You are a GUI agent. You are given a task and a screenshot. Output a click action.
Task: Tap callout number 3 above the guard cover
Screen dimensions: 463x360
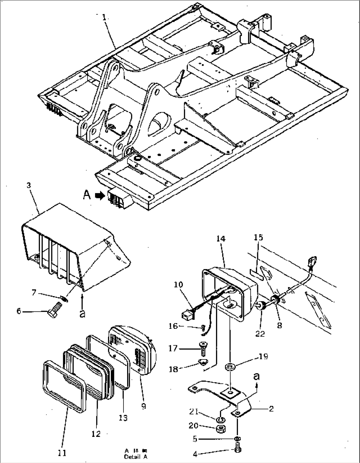[29, 185]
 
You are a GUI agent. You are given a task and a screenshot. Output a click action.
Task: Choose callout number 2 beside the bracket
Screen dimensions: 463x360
[271, 409]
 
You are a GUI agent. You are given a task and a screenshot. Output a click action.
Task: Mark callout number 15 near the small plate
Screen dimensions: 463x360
[258, 237]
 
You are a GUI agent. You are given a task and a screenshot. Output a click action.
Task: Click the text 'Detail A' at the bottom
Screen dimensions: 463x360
[136, 457]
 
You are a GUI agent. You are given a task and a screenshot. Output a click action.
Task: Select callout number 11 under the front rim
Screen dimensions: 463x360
[62, 452]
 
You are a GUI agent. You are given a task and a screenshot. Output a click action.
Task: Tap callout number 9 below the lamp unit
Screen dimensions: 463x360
[143, 406]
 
